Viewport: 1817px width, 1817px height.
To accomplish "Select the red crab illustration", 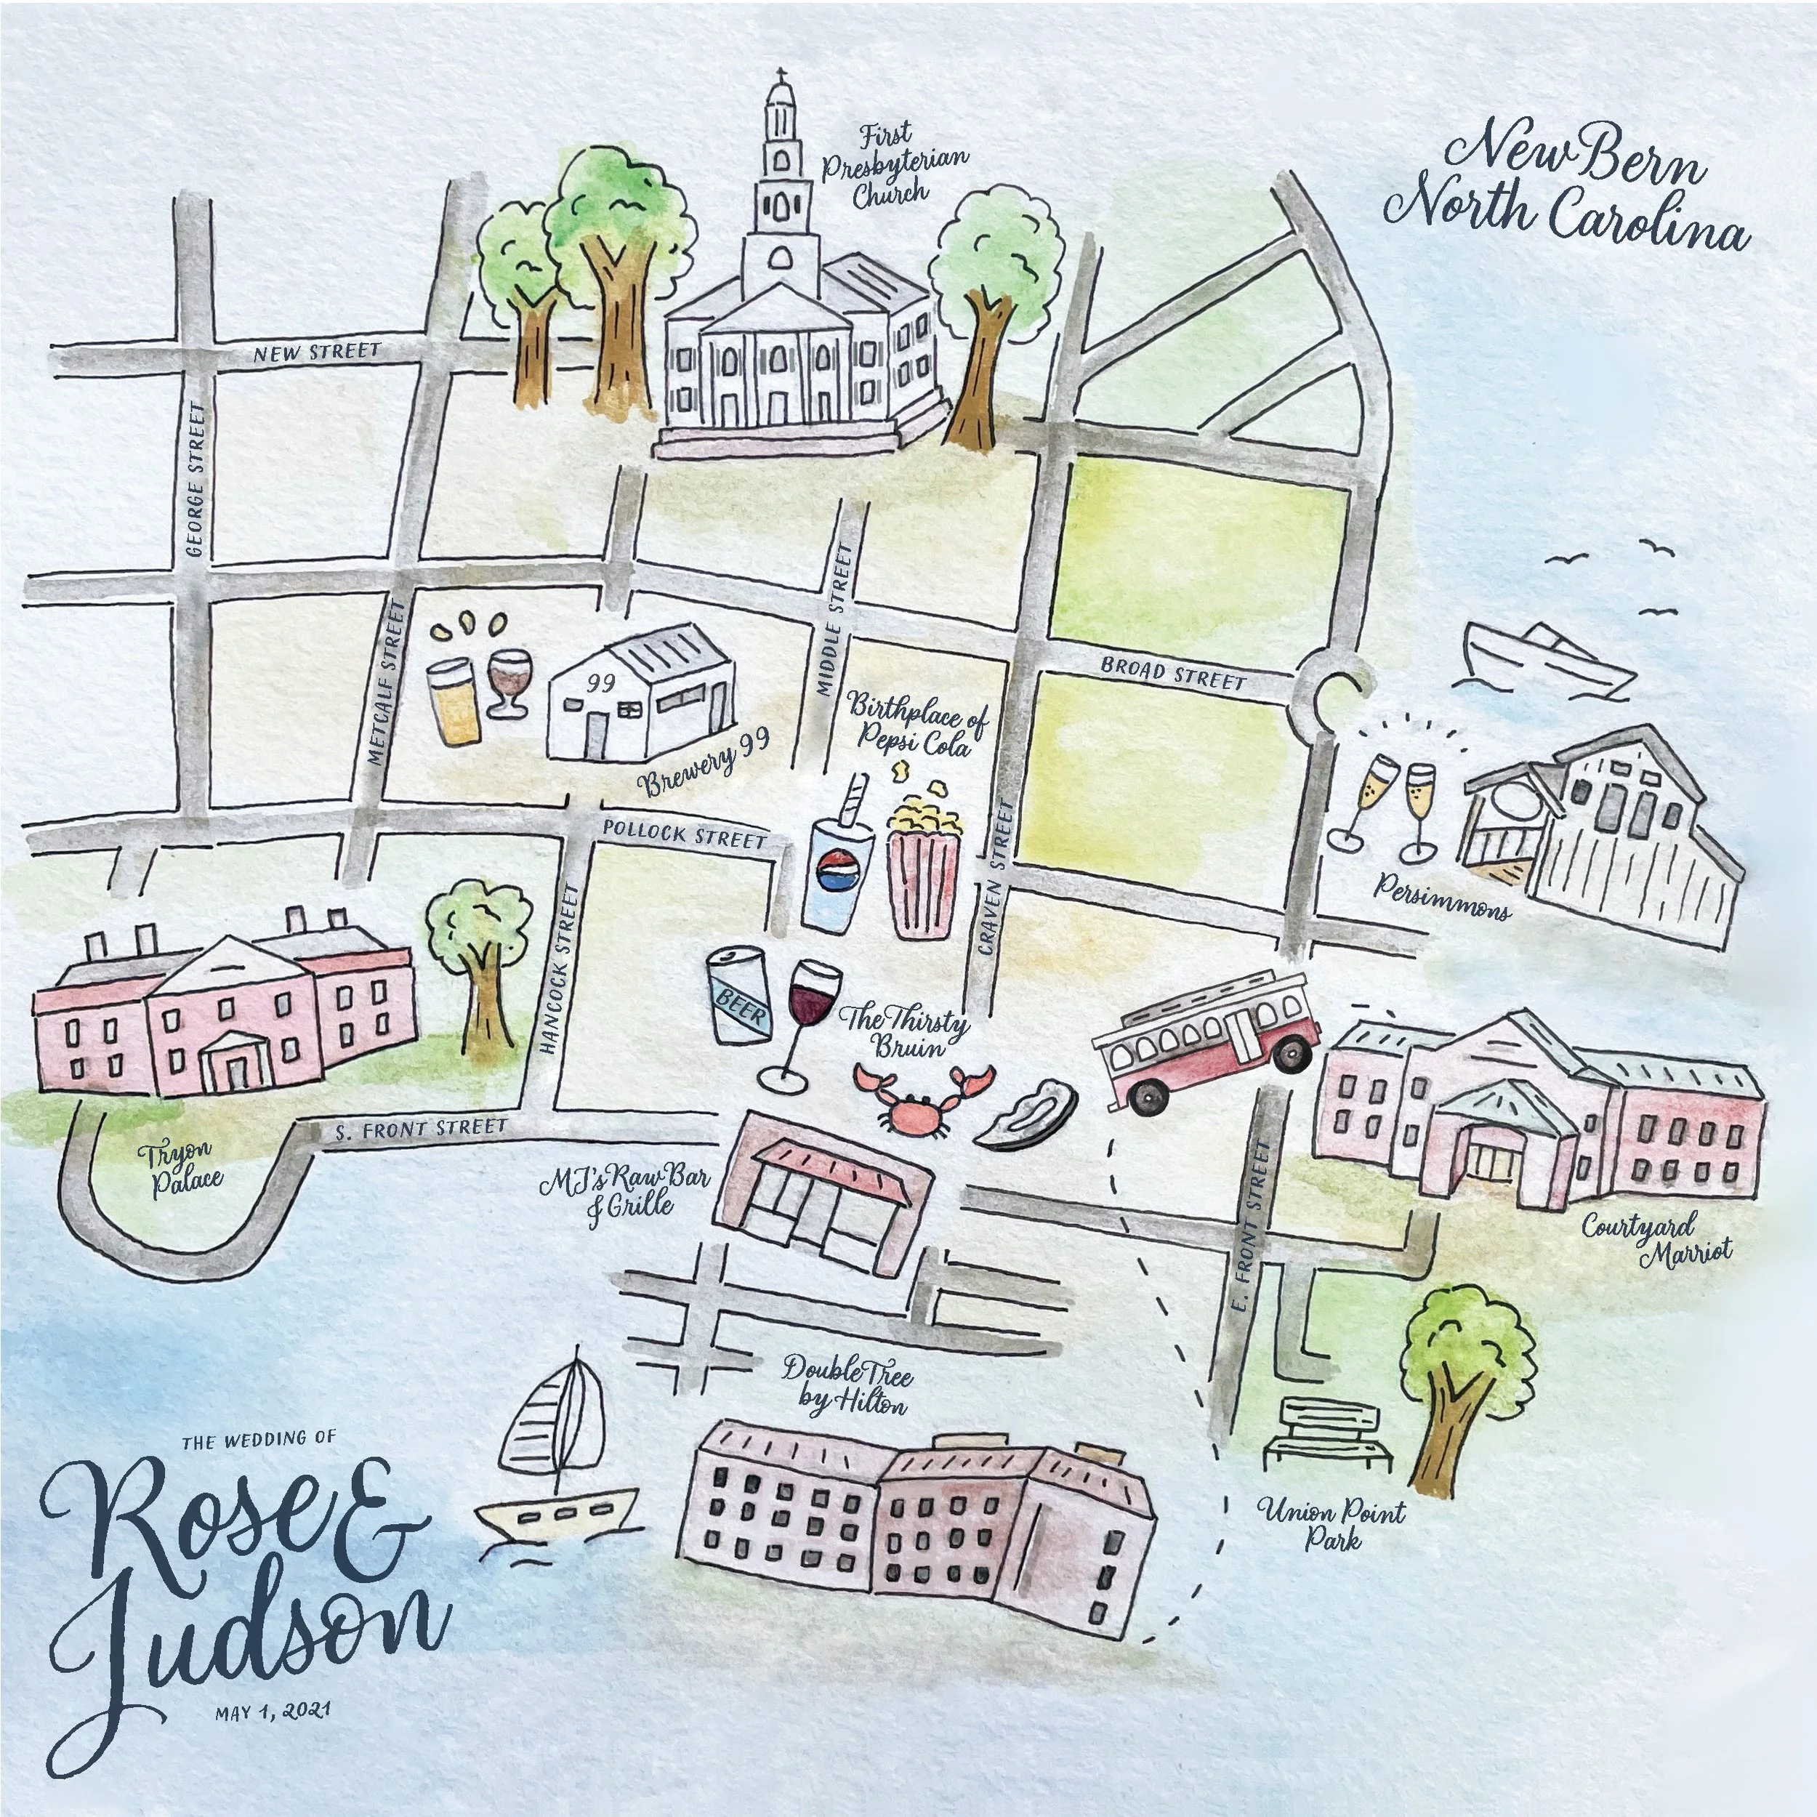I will [x=922, y=1096].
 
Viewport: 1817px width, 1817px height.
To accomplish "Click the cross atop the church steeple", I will [x=781, y=76].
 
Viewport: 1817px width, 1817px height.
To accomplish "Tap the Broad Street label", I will [x=1173, y=674].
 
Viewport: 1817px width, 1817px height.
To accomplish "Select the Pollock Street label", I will [x=684, y=833].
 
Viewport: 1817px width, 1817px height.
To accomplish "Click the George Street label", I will [x=196, y=480].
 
